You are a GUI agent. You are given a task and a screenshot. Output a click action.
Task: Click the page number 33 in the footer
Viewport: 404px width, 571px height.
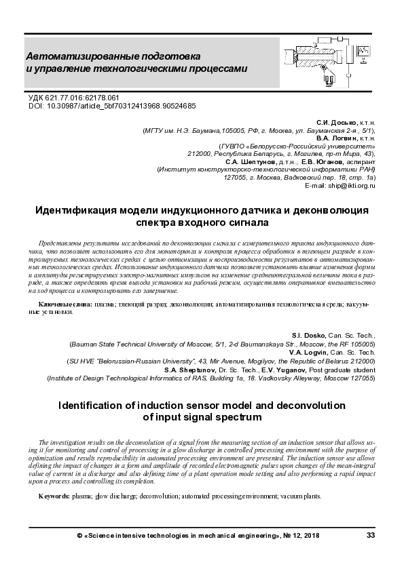coord(371,535)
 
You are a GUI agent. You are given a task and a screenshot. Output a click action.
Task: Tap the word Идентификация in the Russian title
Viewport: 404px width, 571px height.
coord(81,210)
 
